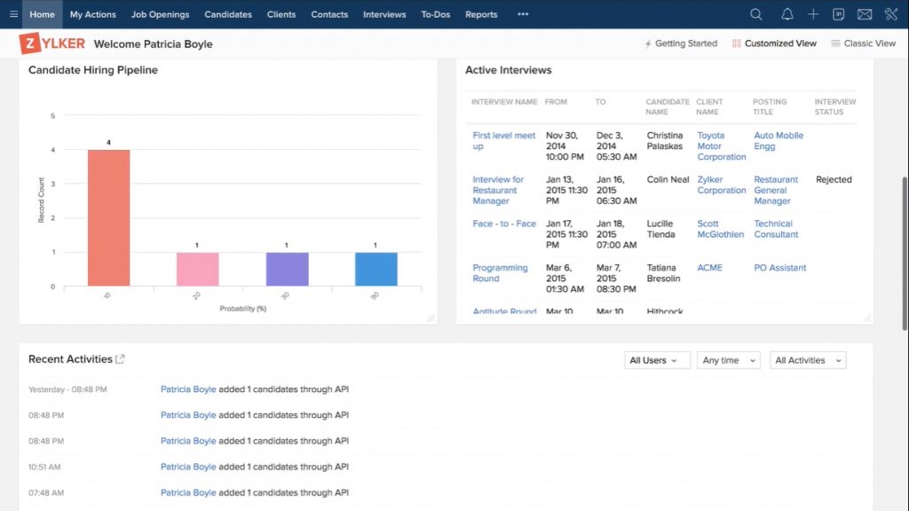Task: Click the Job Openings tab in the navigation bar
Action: tap(160, 14)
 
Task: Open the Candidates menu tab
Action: tap(228, 14)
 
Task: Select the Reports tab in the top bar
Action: tap(481, 14)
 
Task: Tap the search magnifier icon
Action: tap(756, 14)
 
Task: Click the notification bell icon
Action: tap(786, 14)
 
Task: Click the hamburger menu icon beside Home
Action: tap(13, 14)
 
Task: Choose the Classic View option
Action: tap(863, 43)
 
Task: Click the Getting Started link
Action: tap(681, 43)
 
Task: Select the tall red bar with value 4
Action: tap(108, 217)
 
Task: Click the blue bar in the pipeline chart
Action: tap(375, 269)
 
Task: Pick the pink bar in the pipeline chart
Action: tap(197, 269)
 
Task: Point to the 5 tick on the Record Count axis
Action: tap(53, 115)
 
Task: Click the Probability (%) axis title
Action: tap(242, 309)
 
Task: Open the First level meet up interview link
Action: tap(503, 141)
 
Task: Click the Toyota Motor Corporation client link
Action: tap(721, 146)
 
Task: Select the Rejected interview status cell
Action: tap(834, 179)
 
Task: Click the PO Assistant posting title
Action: tap(779, 268)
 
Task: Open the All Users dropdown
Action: tap(657, 360)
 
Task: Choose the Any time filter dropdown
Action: tap(728, 360)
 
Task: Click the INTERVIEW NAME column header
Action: tap(504, 102)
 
